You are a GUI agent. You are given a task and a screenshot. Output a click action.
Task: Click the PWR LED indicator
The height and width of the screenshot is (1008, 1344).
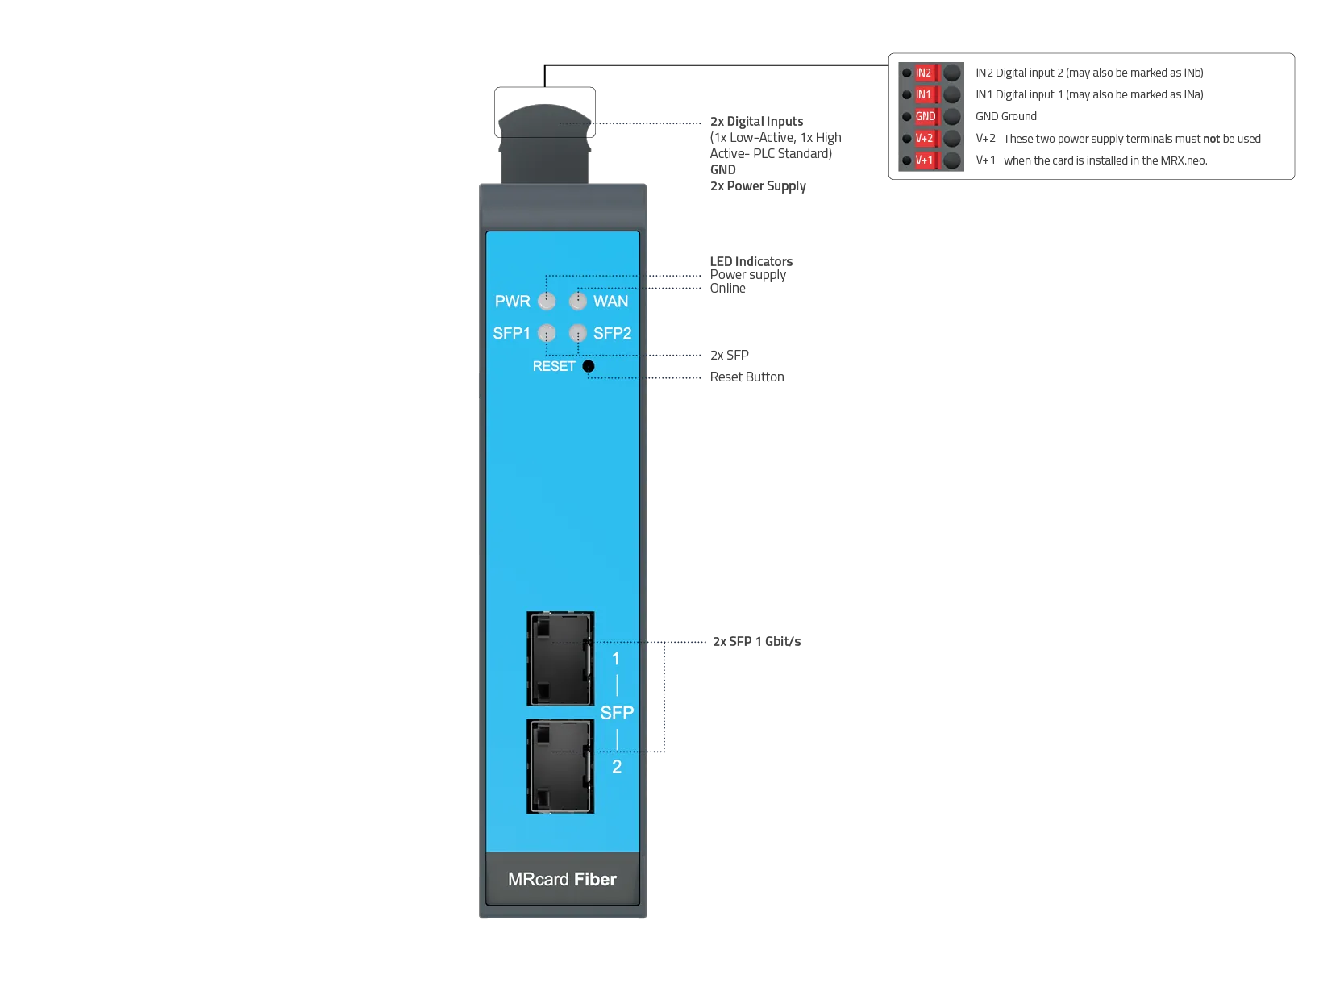tap(546, 302)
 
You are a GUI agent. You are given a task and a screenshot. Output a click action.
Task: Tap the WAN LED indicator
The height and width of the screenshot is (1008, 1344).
tap(577, 302)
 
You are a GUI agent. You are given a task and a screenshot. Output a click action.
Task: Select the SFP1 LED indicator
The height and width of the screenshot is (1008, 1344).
tap(546, 333)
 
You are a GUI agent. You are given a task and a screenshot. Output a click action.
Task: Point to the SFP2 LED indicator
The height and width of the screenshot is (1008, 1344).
tap(577, 333)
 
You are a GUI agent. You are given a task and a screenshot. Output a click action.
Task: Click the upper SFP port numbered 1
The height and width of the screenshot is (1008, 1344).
tap(560, 658)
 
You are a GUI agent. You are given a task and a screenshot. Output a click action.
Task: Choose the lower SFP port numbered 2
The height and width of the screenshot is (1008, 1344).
tap(560, 766)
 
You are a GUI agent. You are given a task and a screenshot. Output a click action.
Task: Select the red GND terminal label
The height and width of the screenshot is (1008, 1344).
tap(925, 116)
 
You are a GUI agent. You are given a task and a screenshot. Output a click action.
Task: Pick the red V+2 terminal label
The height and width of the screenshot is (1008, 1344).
tap(924, 139)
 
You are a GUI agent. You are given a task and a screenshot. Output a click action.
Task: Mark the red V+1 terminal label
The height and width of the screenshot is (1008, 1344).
tap(924, 160)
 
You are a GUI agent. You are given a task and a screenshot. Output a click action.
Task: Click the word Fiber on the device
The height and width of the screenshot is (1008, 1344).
tap(594, 880)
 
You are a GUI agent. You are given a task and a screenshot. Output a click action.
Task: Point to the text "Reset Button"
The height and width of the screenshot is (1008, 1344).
tap(747, 377)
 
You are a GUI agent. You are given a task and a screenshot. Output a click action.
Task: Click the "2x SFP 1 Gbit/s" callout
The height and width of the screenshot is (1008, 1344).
tap(756, 641)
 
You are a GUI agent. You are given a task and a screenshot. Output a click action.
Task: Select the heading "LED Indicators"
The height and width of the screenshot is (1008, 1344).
tap(751, 261)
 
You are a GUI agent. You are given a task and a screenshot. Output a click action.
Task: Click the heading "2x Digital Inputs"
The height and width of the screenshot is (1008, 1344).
tap(756, 121)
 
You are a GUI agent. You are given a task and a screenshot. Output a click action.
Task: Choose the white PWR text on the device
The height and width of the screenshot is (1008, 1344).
tap(513, 302)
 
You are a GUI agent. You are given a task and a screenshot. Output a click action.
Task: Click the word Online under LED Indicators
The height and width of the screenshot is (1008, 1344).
tap(727, 289)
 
